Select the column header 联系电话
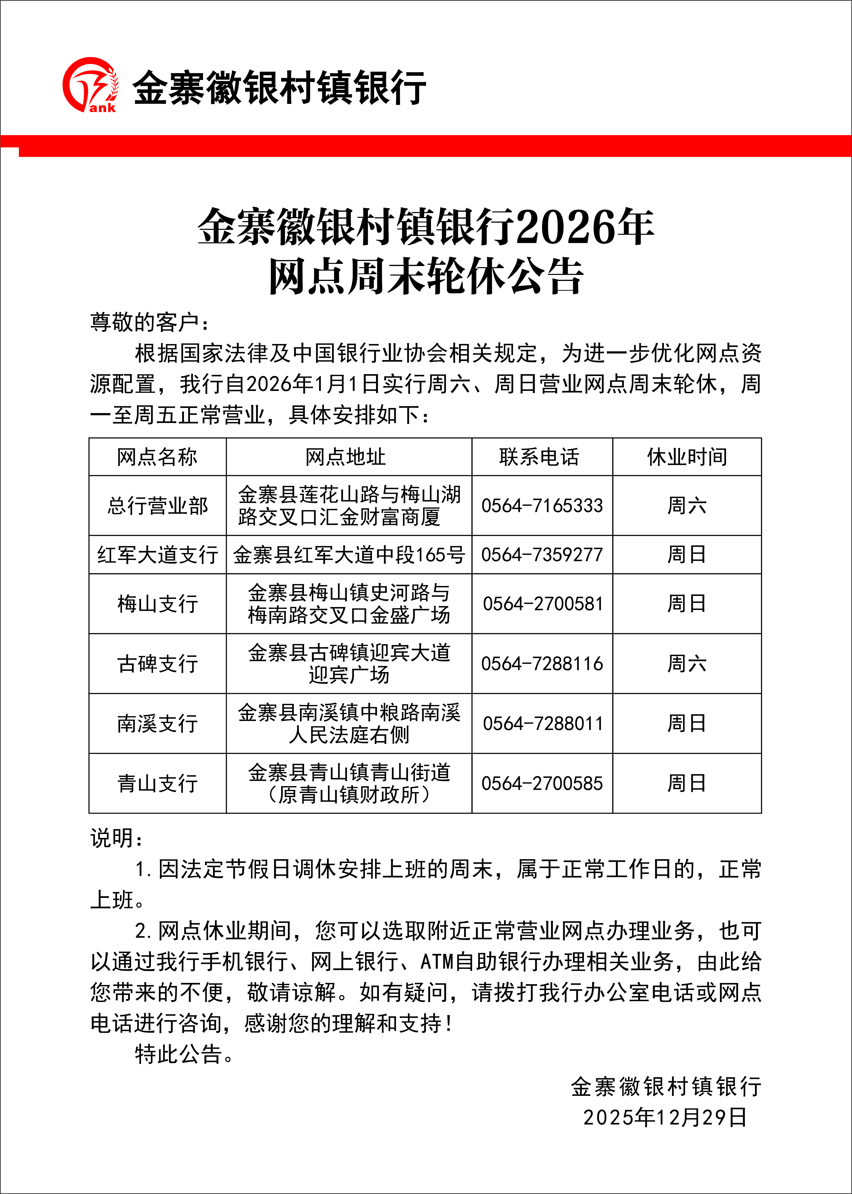pos(539,457)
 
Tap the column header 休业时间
pos(687,457)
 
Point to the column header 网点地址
pos(346,457)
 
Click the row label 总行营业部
pos(157,506)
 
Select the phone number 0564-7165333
pos(542,506)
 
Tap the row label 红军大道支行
pos(157,554)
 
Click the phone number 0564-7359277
pos(542,554)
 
